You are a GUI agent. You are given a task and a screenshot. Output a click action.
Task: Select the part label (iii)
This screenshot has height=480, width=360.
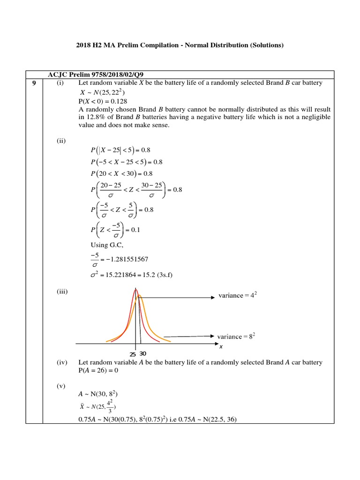(62, 292)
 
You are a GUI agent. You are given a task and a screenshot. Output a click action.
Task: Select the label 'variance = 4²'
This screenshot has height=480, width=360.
(238, 296)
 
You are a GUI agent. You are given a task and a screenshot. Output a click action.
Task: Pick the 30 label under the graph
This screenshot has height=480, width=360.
(143, 353)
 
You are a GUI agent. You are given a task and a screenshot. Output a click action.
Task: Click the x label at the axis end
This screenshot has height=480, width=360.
(221, 346)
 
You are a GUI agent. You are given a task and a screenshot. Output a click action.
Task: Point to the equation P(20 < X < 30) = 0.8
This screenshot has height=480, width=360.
(120, 173)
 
